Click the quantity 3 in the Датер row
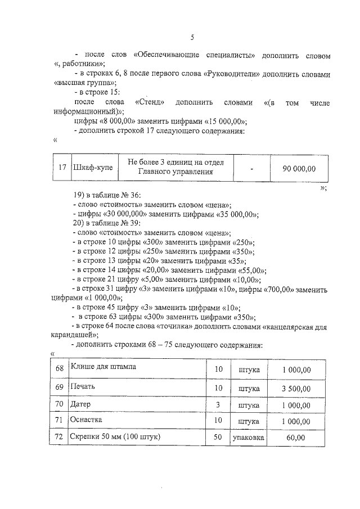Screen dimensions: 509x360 pos(219,404)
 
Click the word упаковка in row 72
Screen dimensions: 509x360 pos(248,437)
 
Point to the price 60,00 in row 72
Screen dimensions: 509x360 pos(296,437)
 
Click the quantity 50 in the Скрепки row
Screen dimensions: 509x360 pos(219,437)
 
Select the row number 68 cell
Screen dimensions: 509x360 pos(60,370)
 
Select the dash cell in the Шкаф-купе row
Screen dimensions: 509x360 pos(251,168)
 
